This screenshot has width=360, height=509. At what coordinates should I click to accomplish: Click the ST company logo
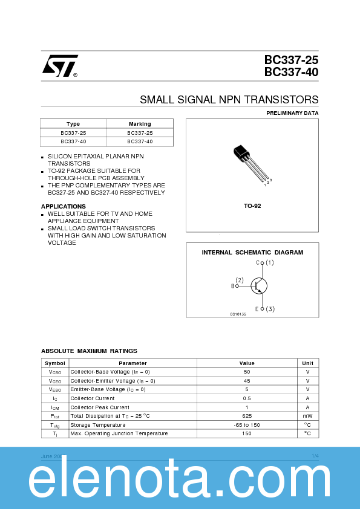(59, 66)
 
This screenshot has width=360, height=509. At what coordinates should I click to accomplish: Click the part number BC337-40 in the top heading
(291, 73)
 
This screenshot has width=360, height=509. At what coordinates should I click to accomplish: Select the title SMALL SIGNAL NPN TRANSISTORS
(229, 99)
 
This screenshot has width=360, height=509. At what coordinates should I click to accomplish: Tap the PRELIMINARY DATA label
(292, 113)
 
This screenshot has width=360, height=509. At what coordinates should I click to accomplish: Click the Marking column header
(140, 124)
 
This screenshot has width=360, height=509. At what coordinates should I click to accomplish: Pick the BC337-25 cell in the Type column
(73, 132)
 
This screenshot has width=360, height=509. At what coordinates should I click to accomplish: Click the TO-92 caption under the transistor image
(252, 206)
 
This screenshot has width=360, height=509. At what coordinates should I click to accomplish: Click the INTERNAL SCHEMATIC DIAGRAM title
(252, 253)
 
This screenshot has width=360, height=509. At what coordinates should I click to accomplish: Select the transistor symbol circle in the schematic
(259, 286)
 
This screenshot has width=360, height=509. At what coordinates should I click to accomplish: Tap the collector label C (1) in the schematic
(264, 262)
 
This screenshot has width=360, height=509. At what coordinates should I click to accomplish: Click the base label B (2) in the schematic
(237, 282)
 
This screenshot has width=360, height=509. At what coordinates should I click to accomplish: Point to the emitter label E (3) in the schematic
(264, 309)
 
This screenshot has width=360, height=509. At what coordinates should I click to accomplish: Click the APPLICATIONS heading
(63, 206)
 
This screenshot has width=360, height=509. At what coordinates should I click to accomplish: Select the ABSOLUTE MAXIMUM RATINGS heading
(89, 351)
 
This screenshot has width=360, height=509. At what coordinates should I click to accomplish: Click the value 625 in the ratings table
(247, 416)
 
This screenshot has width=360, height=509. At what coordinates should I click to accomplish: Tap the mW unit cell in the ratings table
(307, 416)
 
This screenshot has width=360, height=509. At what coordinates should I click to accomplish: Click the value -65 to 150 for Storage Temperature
(247, 425)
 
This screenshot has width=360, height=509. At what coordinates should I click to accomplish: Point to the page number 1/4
(315, 455)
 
